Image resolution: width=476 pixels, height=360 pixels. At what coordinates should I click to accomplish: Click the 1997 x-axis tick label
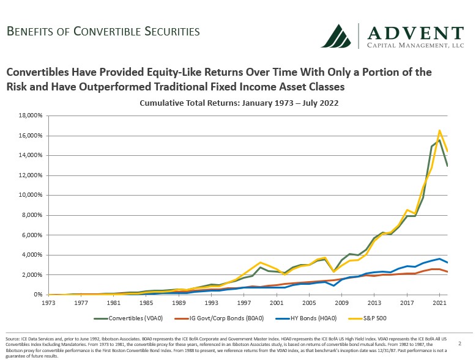tap(243, 302)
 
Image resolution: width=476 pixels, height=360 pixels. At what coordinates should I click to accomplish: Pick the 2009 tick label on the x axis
tap(341, 302)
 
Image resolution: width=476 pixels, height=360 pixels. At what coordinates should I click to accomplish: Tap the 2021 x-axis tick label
tap(439, 302)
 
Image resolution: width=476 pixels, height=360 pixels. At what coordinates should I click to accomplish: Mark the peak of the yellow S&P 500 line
tap(439, 130)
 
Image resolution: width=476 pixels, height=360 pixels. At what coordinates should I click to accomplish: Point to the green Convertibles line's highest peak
tap(439, 141)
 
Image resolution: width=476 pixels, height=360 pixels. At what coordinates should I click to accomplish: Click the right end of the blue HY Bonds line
tap(448, 262)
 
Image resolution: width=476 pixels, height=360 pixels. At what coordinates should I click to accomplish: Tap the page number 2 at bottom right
tap(459, 344)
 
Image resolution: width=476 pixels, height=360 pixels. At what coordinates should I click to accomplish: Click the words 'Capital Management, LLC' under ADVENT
tap(414, 45)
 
